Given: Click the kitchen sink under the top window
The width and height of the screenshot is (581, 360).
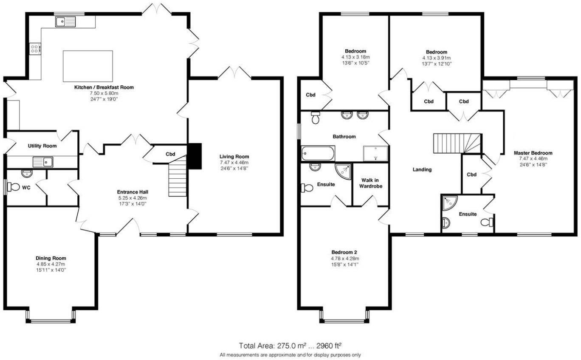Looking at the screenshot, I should coord(64,21).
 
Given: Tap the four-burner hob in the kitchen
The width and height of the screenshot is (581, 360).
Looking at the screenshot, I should coord(35,49).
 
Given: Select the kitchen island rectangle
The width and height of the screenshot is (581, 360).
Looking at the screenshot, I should coord(88,66).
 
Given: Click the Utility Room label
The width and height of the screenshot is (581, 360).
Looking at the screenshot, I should coord(42,146).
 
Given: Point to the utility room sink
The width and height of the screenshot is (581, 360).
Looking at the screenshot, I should coord(42,162).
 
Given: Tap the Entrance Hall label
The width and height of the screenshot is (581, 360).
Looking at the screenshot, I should coord(133,192).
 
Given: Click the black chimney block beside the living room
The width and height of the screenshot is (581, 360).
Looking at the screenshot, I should coord(195,156).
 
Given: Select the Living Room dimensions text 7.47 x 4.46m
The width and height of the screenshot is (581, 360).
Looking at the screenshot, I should coord(234,162).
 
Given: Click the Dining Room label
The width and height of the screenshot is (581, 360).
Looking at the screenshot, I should coord(51,258).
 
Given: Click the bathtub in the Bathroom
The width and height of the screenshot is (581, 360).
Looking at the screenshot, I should coord(318,153).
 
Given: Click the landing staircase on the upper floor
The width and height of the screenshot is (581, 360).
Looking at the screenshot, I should coord(457,143).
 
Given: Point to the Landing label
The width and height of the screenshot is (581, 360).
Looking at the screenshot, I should coord(422,170).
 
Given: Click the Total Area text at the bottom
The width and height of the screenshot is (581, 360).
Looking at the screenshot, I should coord(290,346).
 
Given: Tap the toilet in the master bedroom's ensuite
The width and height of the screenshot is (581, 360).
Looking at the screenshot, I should coord(488,222).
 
